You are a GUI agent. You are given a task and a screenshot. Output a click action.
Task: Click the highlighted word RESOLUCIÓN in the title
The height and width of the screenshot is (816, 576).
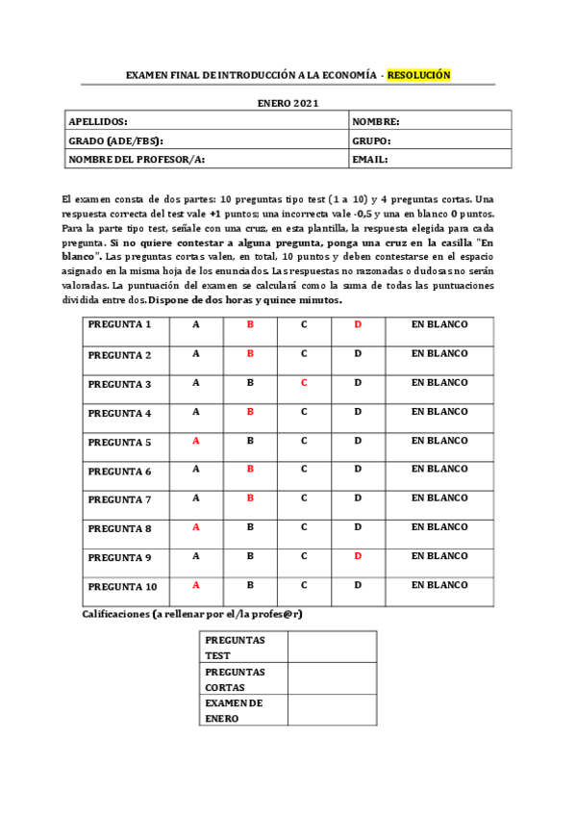(x=418, y=75)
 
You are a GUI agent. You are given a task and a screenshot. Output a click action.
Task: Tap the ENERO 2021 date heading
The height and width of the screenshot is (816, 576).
(x=288, y=103)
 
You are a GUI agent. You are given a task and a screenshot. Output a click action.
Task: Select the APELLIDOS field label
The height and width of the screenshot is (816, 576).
(x=98, y=121)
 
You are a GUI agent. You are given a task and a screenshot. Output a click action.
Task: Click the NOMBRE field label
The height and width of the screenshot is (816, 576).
(x=375, y=121)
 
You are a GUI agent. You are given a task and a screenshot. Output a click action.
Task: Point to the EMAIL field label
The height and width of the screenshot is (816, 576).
(x=369, y=159)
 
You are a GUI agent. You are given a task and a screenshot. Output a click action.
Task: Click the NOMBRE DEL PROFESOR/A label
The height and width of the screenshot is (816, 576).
(x=137, y=159)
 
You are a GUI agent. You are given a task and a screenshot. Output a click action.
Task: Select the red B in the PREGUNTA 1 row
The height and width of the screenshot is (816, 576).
(x=250, y=325)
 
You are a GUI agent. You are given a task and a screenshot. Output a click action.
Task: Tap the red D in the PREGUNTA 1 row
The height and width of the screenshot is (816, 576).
(x=358, y=325)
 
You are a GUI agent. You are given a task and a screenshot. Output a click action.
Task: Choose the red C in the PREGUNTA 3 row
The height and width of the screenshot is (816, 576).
(x=304, y=383)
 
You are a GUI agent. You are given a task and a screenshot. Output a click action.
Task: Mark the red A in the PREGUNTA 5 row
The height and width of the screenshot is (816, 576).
(x=196, y=441)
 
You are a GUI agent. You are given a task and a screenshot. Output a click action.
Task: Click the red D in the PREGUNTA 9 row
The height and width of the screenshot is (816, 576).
(x=358, y=556)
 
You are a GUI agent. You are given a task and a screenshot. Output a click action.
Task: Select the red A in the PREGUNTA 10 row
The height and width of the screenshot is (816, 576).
(x=196, y=585)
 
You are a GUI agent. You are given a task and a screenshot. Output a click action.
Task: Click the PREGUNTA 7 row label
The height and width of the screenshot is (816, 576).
(x=119, y=498)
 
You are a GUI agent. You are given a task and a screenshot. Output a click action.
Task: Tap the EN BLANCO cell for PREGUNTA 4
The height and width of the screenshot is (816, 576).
(x=439, y=412)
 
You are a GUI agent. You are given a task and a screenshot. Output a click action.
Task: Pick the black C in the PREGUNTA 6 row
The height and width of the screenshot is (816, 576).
(x=304, y=470)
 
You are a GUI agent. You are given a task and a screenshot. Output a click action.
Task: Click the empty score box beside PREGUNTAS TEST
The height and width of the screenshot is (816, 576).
(x=332, y=647)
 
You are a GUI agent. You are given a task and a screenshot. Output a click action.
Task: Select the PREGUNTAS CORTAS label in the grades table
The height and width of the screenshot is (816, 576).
(x=235, y=679)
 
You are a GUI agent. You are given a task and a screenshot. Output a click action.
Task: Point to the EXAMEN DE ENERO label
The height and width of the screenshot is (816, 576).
(x=234, y=710)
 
